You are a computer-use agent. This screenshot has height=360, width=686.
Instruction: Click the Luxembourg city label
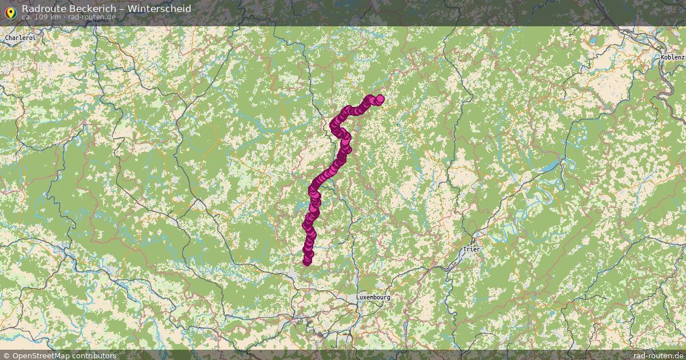pos(373,298)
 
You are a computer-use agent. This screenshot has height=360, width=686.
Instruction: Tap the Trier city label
pos(472,250)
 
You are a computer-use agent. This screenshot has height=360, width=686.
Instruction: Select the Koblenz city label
pos(672,57)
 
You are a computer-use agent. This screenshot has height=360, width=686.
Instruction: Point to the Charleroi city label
pos(20,38)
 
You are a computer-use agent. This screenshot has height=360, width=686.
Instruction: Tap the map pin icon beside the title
pos(10,11)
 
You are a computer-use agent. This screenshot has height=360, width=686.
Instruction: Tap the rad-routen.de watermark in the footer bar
pos(658,355)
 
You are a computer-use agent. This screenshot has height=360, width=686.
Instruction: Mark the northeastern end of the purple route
pos(380,99)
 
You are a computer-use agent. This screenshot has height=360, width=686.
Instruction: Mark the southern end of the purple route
pos(307,262)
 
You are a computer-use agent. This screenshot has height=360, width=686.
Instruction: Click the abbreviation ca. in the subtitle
pos(27,17)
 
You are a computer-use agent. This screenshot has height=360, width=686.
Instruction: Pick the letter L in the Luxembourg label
pos(358,298)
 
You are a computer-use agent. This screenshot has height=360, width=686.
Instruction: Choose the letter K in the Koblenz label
pos(662,57)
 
